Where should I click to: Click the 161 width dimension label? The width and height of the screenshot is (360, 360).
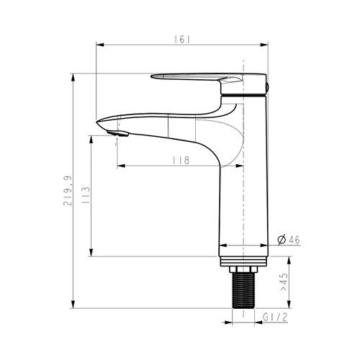point(182,40)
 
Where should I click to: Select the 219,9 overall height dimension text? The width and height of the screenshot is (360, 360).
point(68,191)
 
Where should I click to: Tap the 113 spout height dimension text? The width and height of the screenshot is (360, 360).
point(86,195)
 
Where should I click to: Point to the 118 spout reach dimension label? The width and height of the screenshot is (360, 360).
point(181,160)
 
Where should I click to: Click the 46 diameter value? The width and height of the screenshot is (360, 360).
point(294,240)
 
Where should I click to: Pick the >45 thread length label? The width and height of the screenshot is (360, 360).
point(284,282)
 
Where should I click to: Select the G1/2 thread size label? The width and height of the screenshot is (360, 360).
point(275,318)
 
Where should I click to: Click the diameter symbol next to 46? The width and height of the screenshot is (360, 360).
point(282,240)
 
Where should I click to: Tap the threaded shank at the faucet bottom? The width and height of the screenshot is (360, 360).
point(243,290)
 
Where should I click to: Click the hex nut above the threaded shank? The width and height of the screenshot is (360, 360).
point(243,269)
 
